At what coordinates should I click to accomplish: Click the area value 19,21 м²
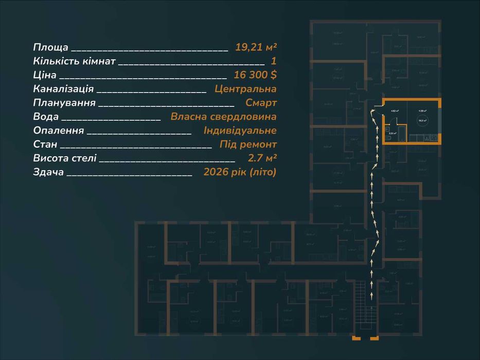256,47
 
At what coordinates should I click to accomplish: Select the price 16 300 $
255,75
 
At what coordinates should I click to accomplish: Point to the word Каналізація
63,89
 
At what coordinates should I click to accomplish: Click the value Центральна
245,89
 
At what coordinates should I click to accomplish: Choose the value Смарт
261,103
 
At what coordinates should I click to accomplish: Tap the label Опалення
58,131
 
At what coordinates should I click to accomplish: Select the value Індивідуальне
240,131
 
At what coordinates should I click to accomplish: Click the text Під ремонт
248,145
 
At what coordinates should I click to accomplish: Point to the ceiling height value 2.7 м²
262,158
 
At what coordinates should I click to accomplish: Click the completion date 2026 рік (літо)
240,172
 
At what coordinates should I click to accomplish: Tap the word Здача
48,172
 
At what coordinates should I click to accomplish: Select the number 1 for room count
274,61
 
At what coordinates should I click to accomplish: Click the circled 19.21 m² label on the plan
422,121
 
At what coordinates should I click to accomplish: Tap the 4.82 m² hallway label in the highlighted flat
395,111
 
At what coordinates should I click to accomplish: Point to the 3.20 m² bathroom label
392,133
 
